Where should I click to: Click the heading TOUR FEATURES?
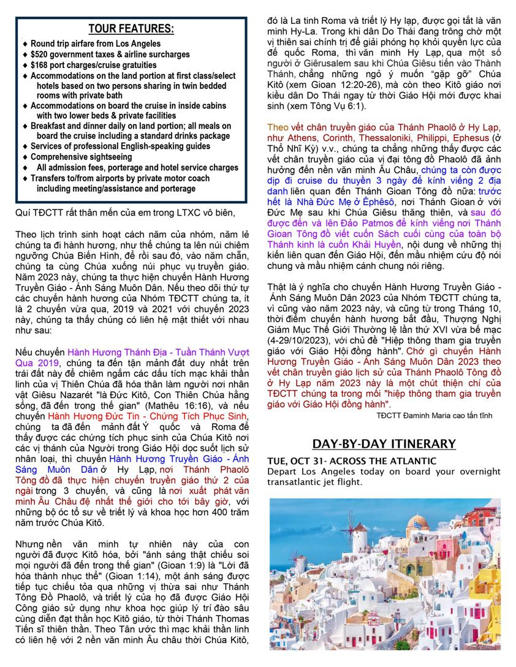click(131, 29)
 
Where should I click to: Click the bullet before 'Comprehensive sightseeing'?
click(24, 157)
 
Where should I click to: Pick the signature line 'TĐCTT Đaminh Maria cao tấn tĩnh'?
click(434, 415)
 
